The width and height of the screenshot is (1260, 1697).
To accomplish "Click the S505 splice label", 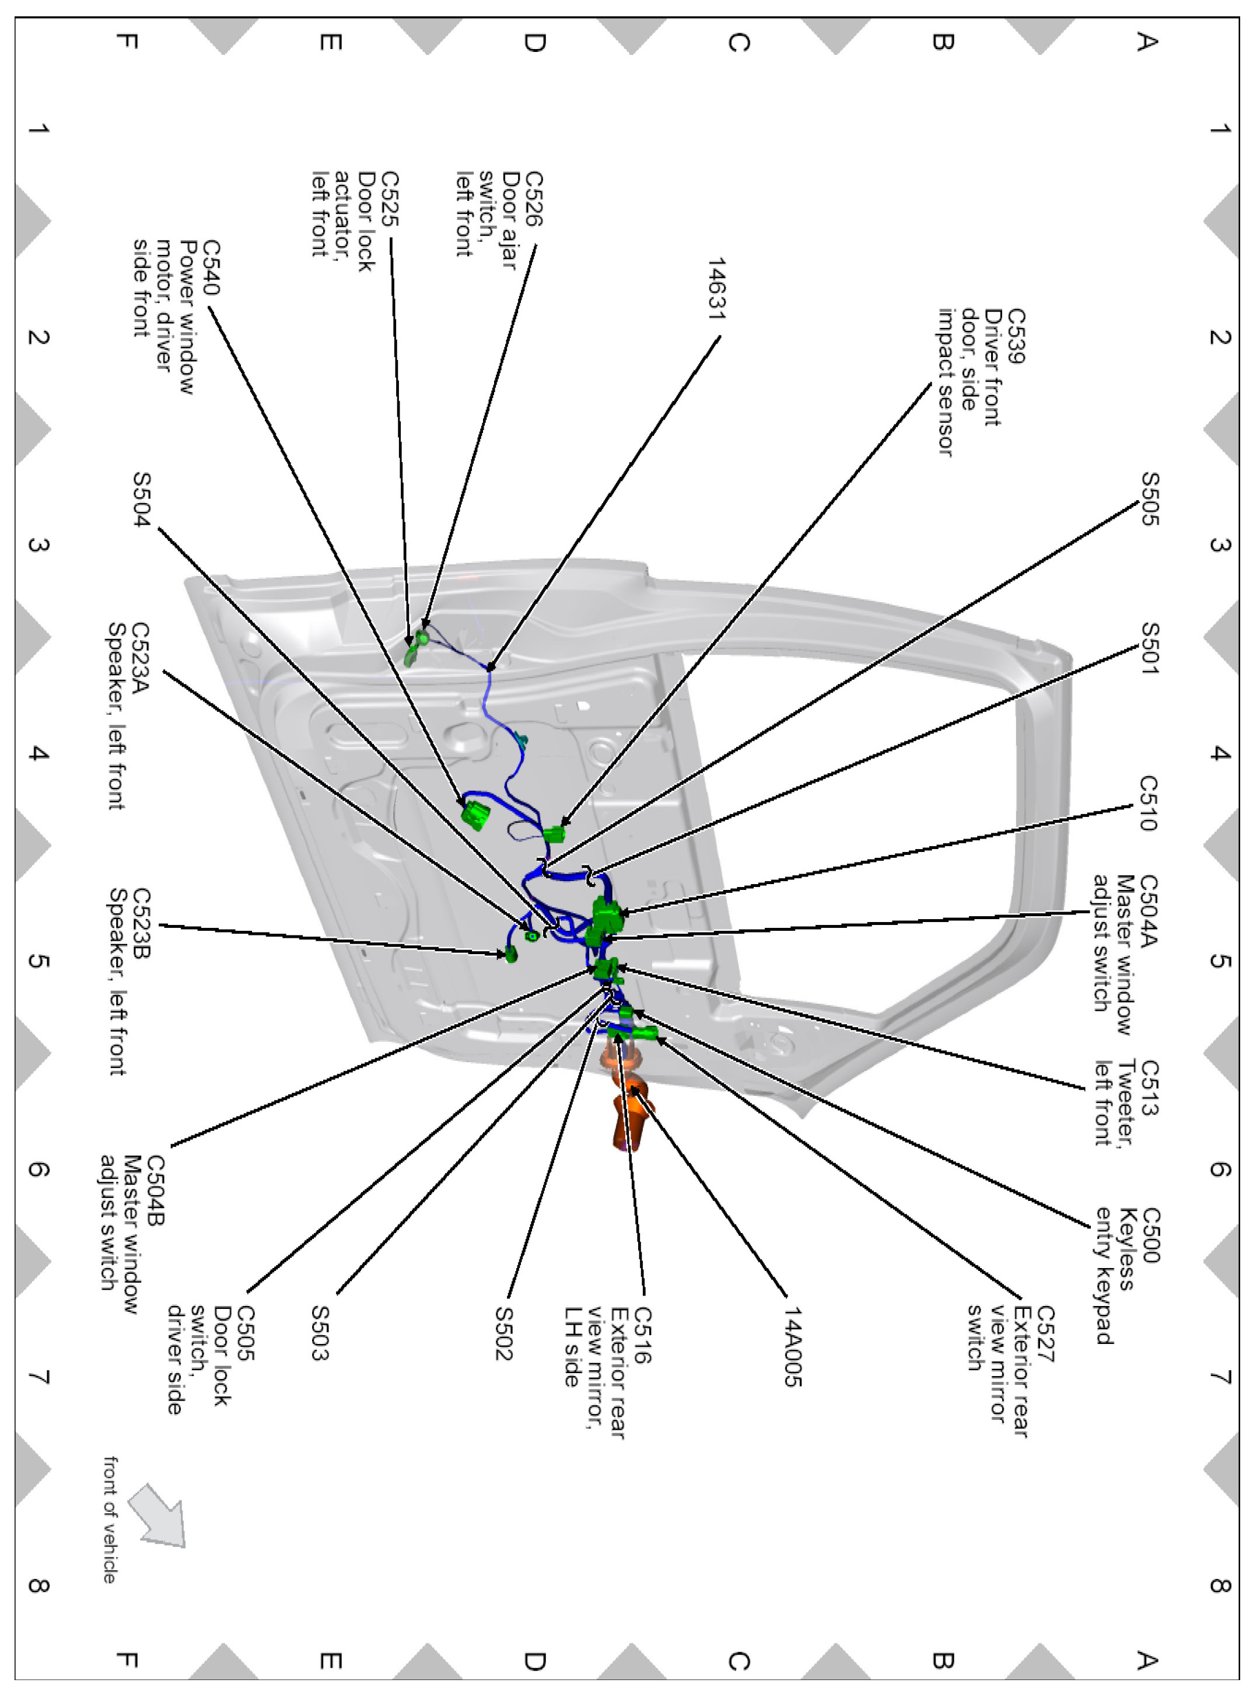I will pyautogui.click(x=1149, y=499).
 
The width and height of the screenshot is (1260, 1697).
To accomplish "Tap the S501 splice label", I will pyautogui.click(x=1149, y=648).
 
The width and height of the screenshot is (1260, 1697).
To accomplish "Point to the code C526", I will pyautogui.click(x=534, y=198).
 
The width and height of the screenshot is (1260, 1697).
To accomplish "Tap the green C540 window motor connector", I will pyautogui.click(x=476, y=814).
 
